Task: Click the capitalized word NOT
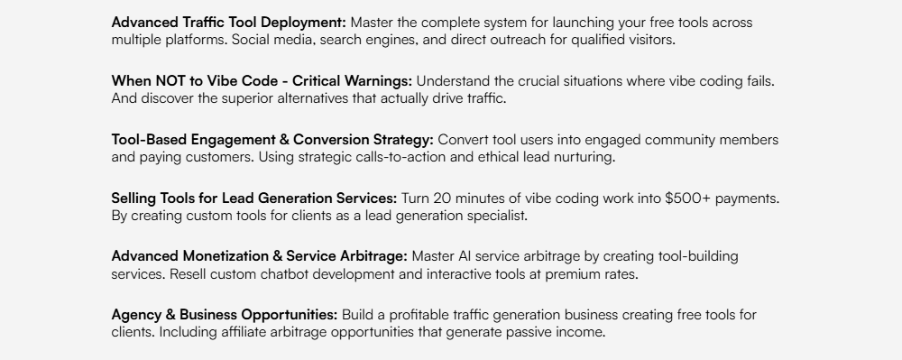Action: click(170, 81)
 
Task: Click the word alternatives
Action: click(313, 98)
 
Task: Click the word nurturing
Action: click(584, 158)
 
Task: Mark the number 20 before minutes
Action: click(442, 198)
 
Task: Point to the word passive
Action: click(529, 332)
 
